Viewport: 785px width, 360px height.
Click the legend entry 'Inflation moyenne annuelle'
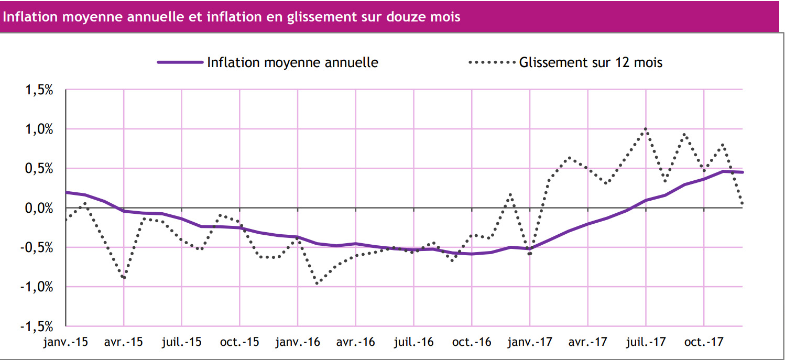coord(292,62)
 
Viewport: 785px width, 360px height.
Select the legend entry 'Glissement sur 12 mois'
coord(591,62)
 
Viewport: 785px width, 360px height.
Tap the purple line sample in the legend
coord(180,62)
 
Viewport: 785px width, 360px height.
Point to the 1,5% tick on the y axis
coord(39,90)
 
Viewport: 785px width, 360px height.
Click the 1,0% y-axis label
coord(39,129)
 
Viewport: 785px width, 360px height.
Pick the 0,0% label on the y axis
coord(39,208)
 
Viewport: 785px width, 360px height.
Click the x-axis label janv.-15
coord(66,343)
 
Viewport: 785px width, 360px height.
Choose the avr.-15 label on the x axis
coord(124,343)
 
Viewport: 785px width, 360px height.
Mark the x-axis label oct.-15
coord(239,343)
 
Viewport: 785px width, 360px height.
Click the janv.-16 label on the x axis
coord(298,343)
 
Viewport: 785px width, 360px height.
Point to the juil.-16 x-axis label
coord(413,343)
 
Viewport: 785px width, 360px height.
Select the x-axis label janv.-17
coord(530,343)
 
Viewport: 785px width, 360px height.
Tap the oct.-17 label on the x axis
coord(704,343)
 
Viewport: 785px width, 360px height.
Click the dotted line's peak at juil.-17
coord(646,129)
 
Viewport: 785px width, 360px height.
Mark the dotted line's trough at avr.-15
coord(124,278)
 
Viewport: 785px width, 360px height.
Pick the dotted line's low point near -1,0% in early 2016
coord(318,283)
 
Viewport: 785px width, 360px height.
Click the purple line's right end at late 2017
coord(742,172)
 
